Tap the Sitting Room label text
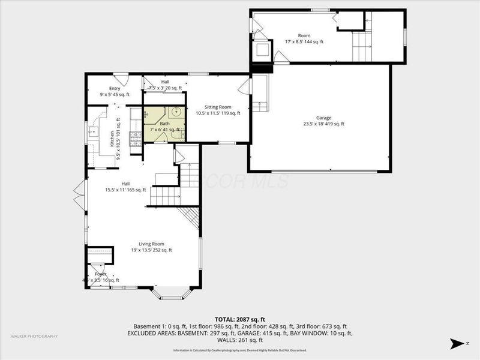coord(218,106)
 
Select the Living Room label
coord(151,244)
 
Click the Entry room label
coord(114,88)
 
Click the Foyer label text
coord(100,274)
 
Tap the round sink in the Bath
coord(176,112)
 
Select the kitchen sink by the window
coord(94,131)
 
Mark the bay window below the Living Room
coord(171,294)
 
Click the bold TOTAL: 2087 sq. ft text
coord(239,319)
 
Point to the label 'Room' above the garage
coord(304,35)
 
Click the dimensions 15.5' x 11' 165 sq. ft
coord(125,190)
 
